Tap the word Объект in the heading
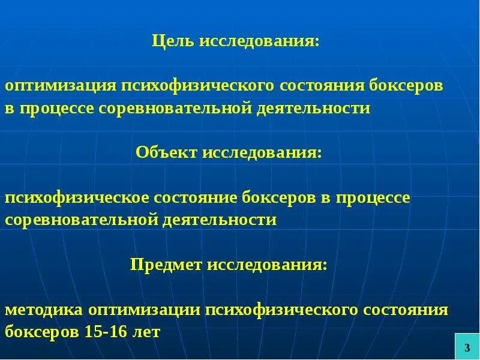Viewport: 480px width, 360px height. (166, 154)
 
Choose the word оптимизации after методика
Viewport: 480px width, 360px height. (143, 311)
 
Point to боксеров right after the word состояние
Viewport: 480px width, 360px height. (277, 198)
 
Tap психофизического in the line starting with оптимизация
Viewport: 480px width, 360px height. (198, 86)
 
